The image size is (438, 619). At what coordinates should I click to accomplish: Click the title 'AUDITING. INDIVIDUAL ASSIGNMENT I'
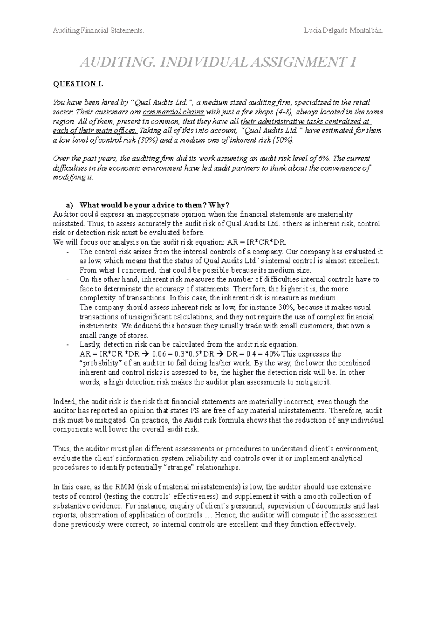pos(218,63)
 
